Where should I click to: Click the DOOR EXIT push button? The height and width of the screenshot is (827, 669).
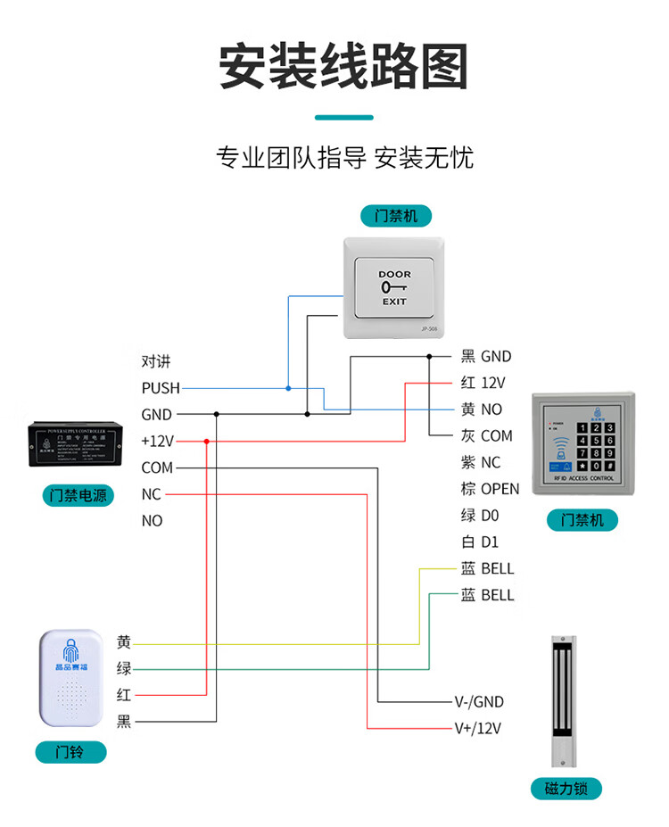pyautogui.click(x=393, y=287)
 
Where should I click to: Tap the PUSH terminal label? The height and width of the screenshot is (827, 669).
pyautogui.click(x=161, y=388)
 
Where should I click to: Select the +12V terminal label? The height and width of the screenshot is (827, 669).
pyautogui.click(x=158, y=441)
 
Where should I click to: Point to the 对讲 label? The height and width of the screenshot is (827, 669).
pyautogui.click(x=155, y=362)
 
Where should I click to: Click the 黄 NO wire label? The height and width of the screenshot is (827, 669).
pyautogui.click(x=482, y=409)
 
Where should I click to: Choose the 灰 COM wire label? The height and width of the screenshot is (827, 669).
pyautogui.click(x=486, y=436)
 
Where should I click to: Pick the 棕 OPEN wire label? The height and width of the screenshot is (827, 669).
pyautogui.click(x=490, y=489)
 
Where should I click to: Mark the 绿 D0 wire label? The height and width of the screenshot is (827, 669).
pyautogui.click(x=480, y=516)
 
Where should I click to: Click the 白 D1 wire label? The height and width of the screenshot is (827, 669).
pyautogui.click(x=479, y=542)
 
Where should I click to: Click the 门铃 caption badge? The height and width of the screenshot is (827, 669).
pyautogui.click(x=70, y=753)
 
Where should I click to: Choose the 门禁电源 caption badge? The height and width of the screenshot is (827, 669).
pyautogui.click(x=78, y=495)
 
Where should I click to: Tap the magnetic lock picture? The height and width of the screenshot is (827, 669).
pyautogui.click(x=563, y=700)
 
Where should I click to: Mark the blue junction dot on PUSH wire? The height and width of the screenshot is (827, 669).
pyautogui.click(x=288, y=388)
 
